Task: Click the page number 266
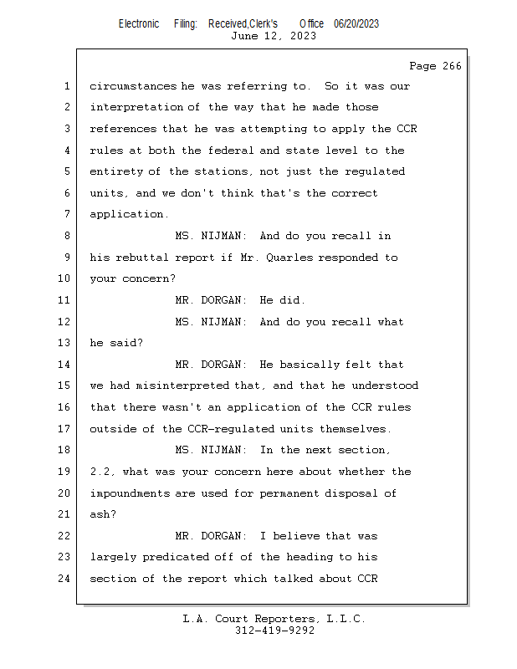452,66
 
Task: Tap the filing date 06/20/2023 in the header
356,24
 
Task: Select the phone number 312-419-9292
274,631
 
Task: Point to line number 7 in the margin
67,214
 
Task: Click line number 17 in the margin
64,428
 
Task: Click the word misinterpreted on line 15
182,386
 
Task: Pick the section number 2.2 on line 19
100,472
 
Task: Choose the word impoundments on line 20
131,493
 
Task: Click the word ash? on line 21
103,514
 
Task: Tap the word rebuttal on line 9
142,258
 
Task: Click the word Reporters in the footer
285,619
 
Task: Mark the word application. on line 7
129,214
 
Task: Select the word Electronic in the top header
139,24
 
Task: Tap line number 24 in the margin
64,579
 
